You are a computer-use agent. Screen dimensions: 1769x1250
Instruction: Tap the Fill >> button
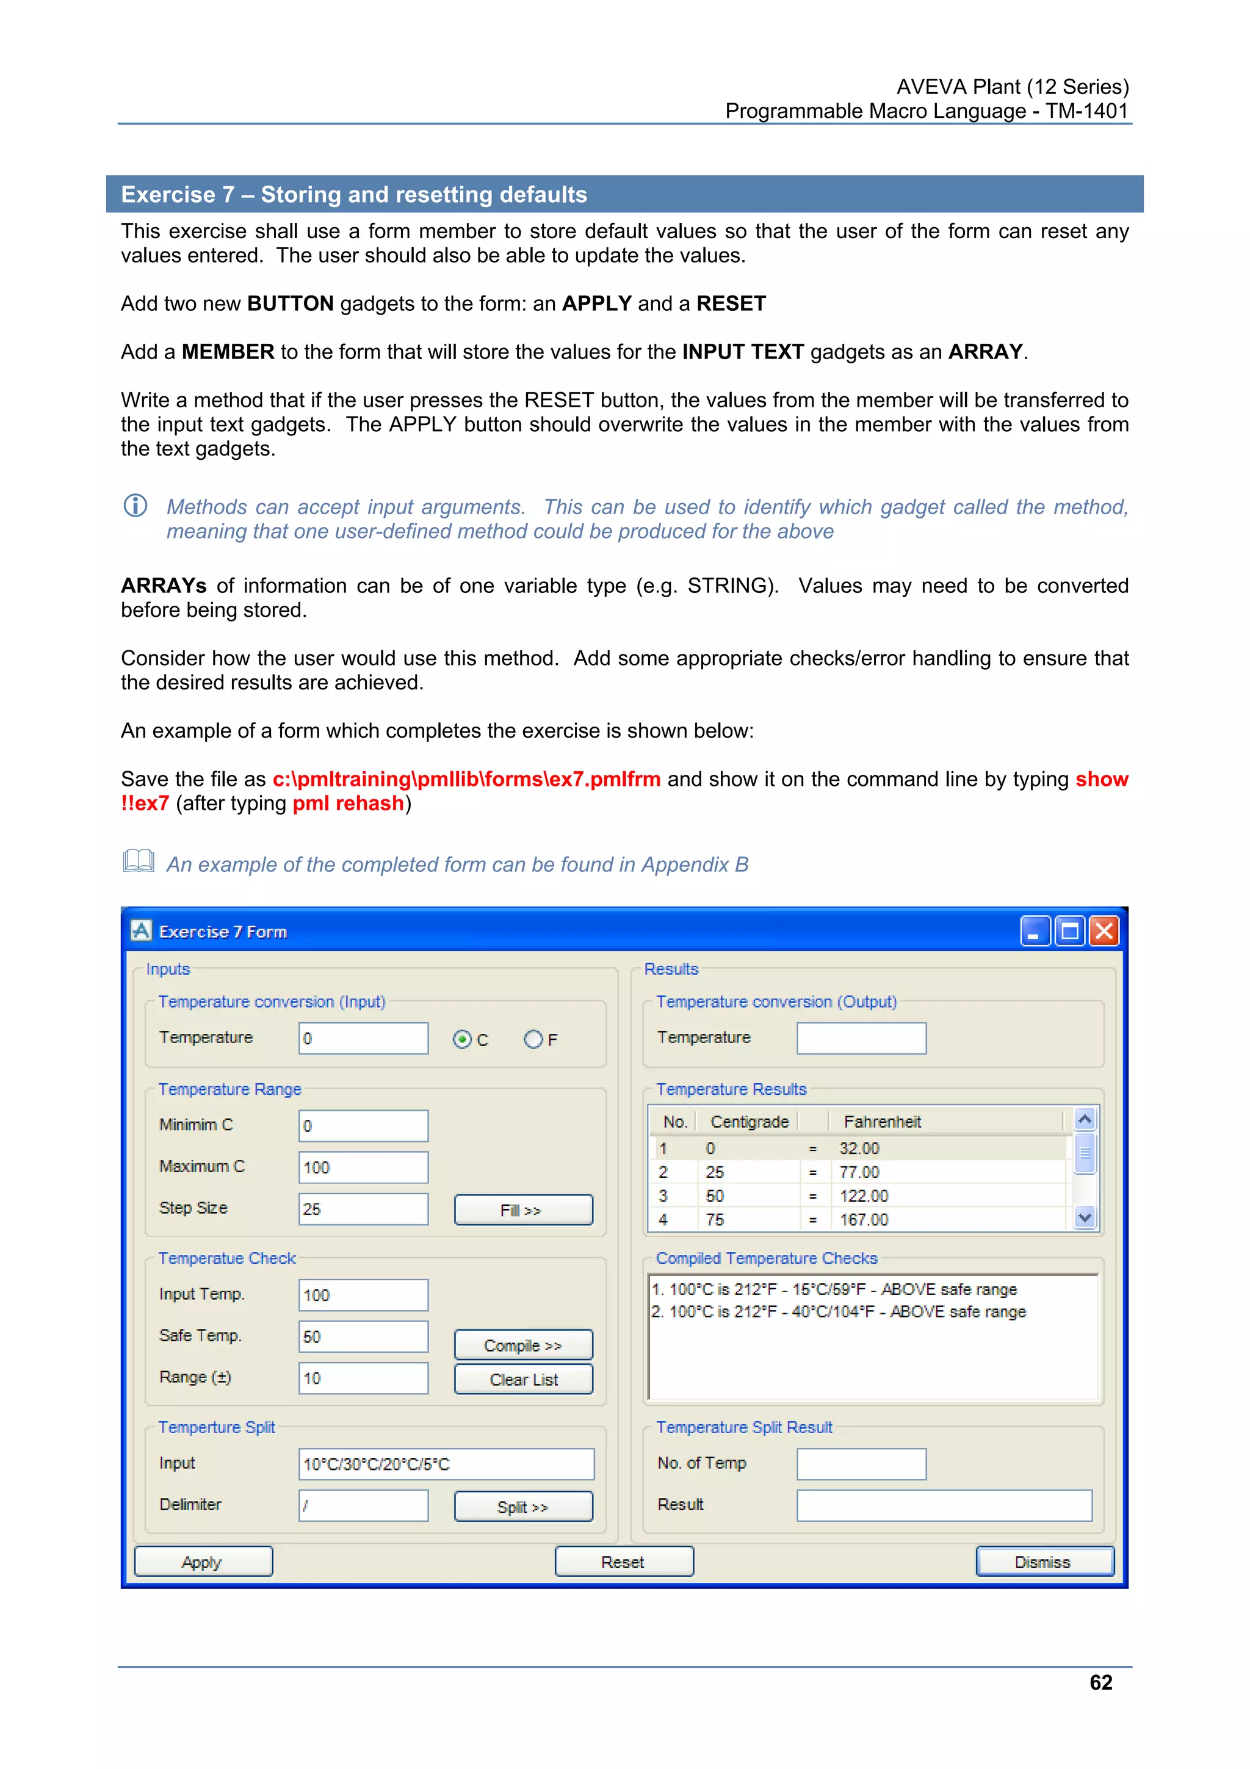tap(523, 1210)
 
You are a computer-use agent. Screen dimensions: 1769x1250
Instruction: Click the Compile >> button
tap(523, 1345)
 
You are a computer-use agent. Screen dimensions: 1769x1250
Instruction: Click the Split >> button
tap(523, 1506)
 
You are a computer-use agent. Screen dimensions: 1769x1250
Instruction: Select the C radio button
tap(462, 1039)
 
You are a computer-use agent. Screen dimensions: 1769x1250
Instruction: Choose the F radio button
tap(533, 1039)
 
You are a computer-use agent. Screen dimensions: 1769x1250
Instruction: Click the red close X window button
tap(1104, 931)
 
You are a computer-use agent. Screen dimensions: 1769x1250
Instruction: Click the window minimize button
tap(1035, 931)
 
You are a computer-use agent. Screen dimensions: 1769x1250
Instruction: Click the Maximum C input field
tap(363, 1168)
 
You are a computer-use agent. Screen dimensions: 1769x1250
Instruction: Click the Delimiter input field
tap(363, 1505)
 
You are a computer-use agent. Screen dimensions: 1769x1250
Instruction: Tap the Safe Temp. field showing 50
tap(363, 1337)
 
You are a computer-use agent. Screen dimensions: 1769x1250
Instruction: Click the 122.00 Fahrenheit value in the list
tap(864, 1196)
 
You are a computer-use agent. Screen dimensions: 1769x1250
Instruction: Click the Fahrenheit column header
tap(882, 1122)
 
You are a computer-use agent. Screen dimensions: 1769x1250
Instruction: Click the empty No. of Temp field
tap(861, 1464)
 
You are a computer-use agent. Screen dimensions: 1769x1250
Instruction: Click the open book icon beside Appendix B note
tap(139, 862)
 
